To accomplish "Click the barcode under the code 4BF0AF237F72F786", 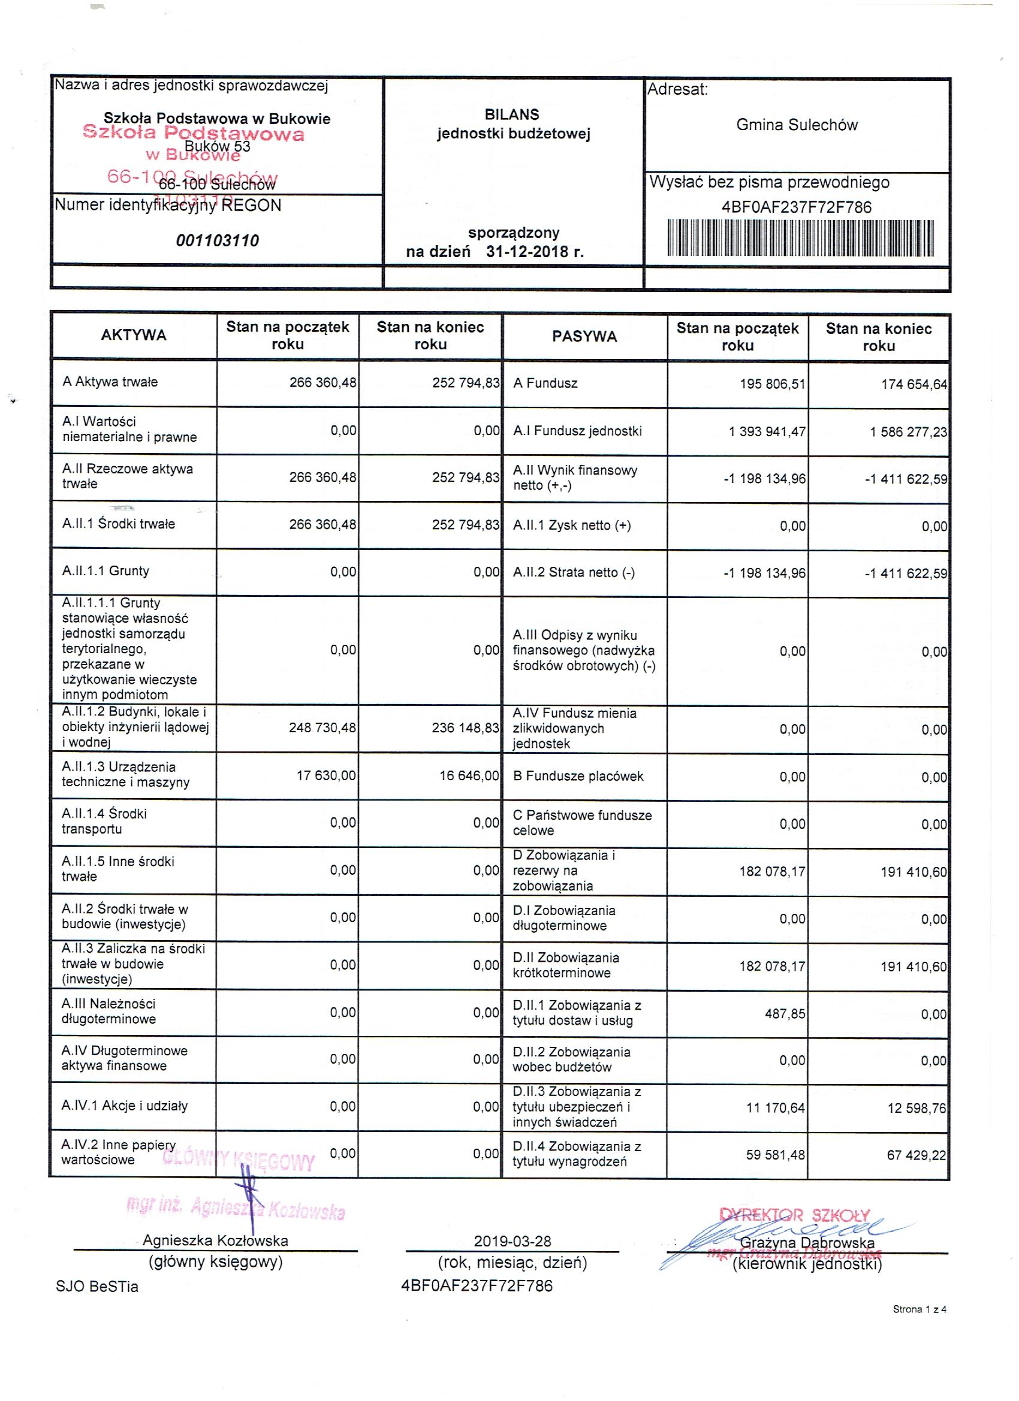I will [x=800, y=237].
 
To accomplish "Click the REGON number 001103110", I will [x=218, y=241].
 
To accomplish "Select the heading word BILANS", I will [x=512, y=115].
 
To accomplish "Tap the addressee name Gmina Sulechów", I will [x=797, y=125].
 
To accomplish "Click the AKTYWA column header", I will [x=134, y=336].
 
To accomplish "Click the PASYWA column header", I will [x=584, y=337].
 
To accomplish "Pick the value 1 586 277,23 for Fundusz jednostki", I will [x=908, y=433].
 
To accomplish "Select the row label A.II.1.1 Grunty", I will [x=105, y=571].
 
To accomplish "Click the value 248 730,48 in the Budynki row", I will [x=322, y=728].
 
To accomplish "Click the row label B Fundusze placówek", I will [x=578, y=777].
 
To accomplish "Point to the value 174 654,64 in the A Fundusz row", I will [x=914, y=385].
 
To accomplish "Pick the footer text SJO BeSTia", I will [x=97, y=1287].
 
